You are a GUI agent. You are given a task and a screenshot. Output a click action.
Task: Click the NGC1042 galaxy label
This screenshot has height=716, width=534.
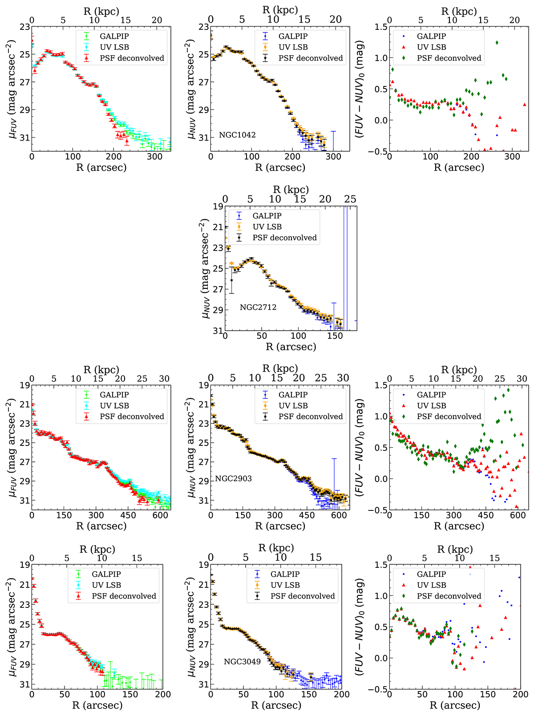point(237,135)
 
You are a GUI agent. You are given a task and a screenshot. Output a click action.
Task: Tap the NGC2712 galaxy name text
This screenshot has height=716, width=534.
point(258,307)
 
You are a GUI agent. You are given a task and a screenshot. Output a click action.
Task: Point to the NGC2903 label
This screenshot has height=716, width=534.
point(234,479)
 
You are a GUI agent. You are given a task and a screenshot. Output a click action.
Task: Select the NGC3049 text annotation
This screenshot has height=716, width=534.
point(242,662)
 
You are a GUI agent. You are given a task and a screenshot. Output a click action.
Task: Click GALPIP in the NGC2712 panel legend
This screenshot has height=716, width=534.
point(267,216)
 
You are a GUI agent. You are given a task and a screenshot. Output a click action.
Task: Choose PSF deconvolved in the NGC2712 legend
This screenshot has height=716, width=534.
point(285,238)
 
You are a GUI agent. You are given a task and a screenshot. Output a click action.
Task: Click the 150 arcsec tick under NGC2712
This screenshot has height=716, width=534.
point(335,336)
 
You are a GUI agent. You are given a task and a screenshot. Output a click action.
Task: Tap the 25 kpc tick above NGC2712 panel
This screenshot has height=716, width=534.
point(350,199)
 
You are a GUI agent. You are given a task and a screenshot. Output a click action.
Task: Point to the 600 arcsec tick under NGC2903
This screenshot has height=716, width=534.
point(339,515)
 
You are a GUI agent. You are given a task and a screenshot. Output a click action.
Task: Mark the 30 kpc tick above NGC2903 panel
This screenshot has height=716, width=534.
point(343,378)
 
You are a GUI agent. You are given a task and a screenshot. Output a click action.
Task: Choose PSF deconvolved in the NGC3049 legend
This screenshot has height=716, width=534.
point(303,596)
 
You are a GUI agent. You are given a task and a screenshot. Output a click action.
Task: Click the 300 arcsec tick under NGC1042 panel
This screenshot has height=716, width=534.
point(333,156)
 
